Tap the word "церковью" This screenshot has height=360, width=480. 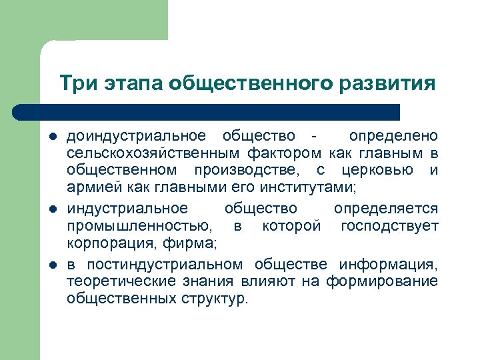(x=378, y=172)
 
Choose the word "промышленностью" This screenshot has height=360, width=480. (x=139, y=226)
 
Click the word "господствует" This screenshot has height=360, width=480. (x=389, y=226)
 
